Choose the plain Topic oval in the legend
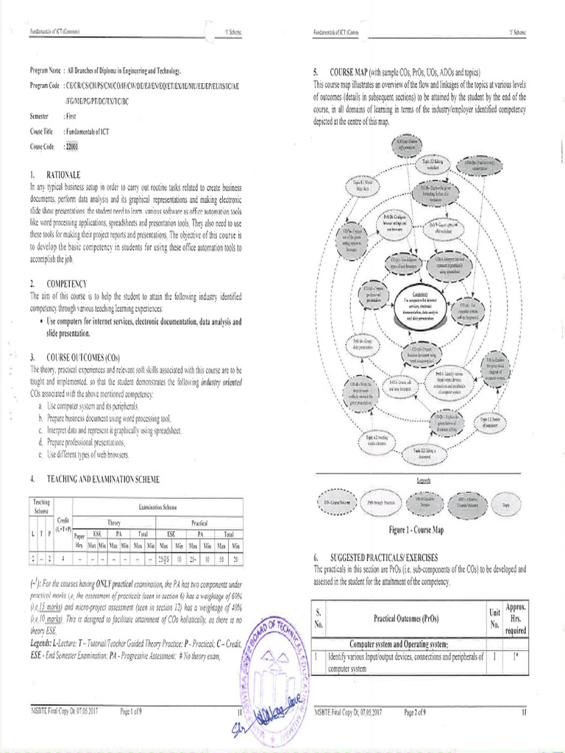505,505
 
